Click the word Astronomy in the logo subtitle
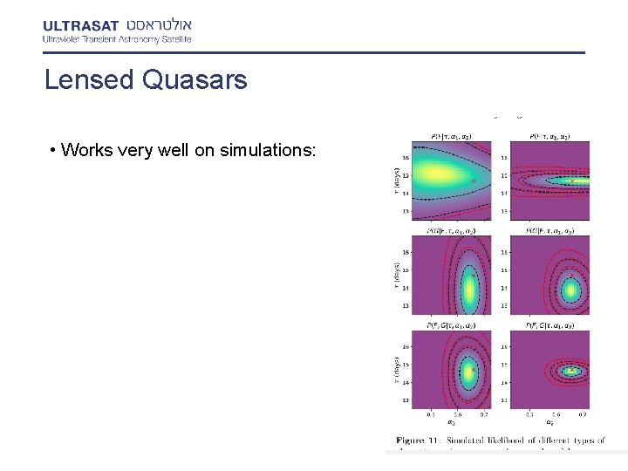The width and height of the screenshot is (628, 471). click(x=133, y=38)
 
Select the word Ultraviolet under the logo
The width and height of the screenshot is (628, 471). click(x=64, y=38)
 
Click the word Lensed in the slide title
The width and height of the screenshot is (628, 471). click(x=85, y=80)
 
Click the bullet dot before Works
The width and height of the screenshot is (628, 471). click(x=54, y=151)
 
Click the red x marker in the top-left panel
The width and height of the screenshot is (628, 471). click(x=474, y=181)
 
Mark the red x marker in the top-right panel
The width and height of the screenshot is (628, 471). click(x=572, y=181)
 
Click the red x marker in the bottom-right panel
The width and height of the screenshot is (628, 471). click(x=572, y=370)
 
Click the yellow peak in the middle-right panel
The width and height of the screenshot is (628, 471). click(x=570, y=290)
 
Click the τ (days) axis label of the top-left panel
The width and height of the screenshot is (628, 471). click(x=396, y=181)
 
